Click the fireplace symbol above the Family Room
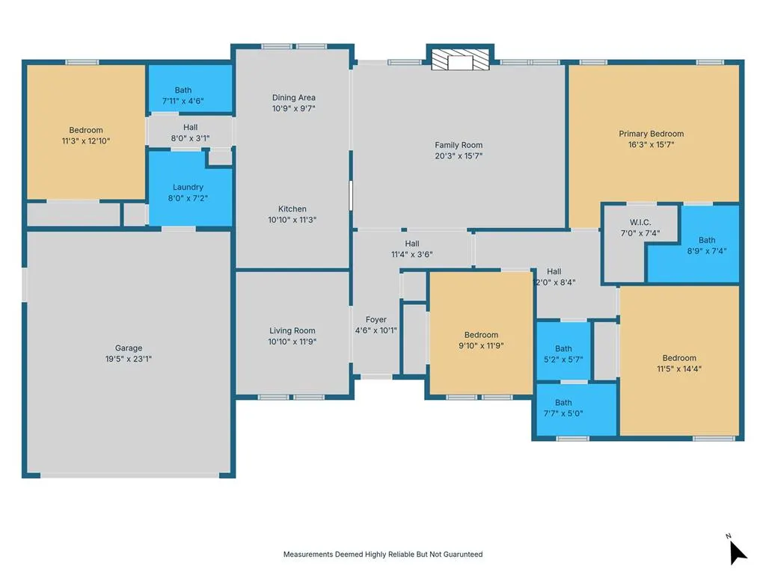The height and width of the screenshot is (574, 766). pyautogui.click(x=460, y=59)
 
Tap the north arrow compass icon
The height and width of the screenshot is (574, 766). pyautogui.click(x=737, y=551)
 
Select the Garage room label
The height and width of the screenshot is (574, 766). pyautogui.click(x=129, y=348)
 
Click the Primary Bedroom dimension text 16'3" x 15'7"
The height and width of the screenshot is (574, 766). pyautogui.click(x=652, y=144)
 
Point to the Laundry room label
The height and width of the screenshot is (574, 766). pyautogui.click(x=188, y=187)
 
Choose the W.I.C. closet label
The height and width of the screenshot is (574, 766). pyautogui.click(x=640, y=223)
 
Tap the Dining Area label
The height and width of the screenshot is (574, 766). pyautogui.click(x=293, y=98)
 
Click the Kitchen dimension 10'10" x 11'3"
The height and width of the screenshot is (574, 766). pyautogui.click(x=292, y=220)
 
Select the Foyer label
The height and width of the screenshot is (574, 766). pyautogui.click(x=376, y=320)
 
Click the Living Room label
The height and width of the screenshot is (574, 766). pyautogui.click(x=292, y=330)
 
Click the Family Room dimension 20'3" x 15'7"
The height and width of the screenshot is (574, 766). pyautogui.click(x=459, y=156)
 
